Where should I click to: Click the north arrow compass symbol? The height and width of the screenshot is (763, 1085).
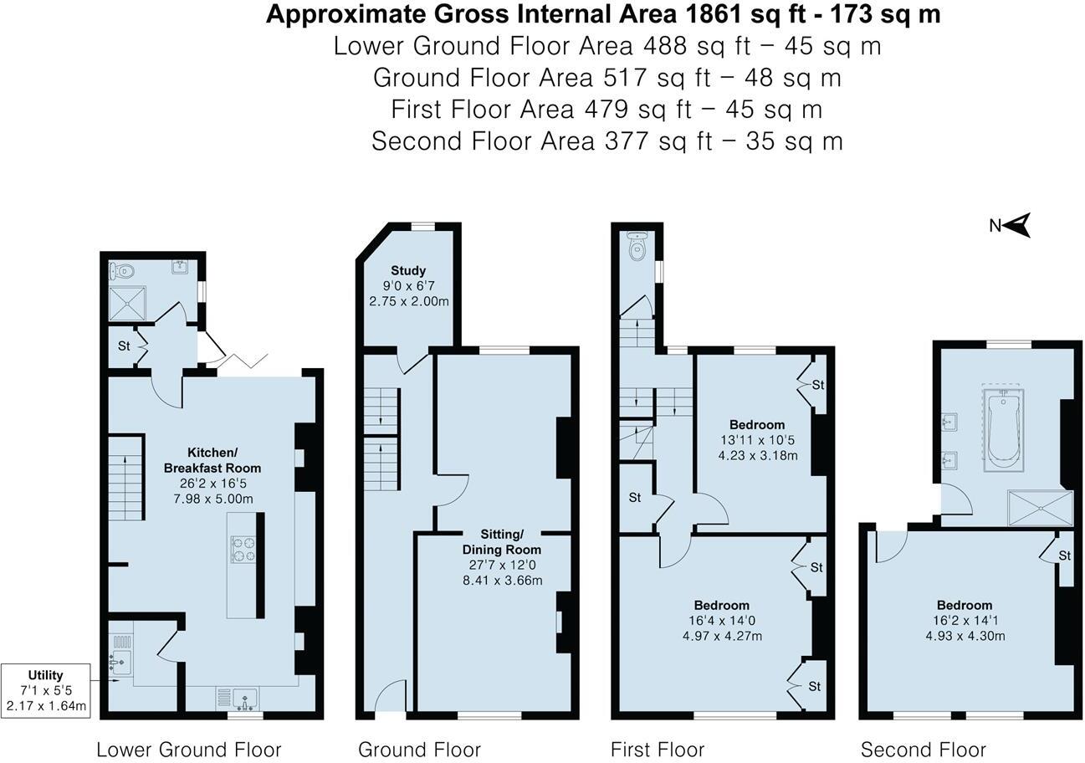click(x=1017, y=225)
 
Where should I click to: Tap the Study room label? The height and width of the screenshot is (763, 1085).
click(x=408, y=270)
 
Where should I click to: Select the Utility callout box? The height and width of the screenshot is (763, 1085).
click(x=46, y=690)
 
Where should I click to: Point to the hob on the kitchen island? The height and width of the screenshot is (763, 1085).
click(x=243, y=549)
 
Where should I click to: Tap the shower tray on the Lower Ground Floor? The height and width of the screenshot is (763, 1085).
click(x=128, y=304)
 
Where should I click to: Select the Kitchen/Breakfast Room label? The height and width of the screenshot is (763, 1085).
click(x=212, y=460)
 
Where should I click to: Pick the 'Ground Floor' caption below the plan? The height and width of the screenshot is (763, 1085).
click(x=419, y=750)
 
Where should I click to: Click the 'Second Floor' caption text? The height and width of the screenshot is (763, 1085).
click(x=923, y=750)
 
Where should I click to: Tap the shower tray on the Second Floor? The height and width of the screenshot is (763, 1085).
click(x=1040, y=508)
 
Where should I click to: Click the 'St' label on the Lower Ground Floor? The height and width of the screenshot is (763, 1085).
click(x=124, y=346)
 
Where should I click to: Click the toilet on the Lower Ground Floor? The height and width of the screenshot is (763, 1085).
click(x=122, y=270)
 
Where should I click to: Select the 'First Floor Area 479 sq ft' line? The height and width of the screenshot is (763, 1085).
click(x=606, y=110)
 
